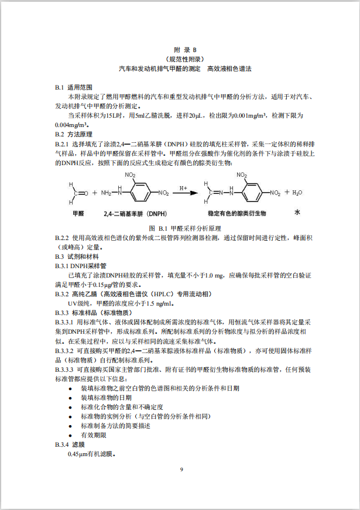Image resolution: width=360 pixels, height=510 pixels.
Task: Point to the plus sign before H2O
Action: (x=287, y=192)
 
